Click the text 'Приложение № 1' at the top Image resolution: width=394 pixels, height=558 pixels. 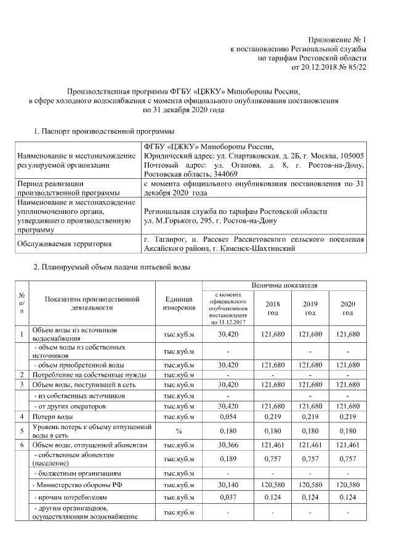[x=337, y=38]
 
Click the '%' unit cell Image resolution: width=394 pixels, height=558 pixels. [x=179, y=430]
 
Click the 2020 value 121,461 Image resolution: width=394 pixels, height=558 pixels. [x=348, y=445]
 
